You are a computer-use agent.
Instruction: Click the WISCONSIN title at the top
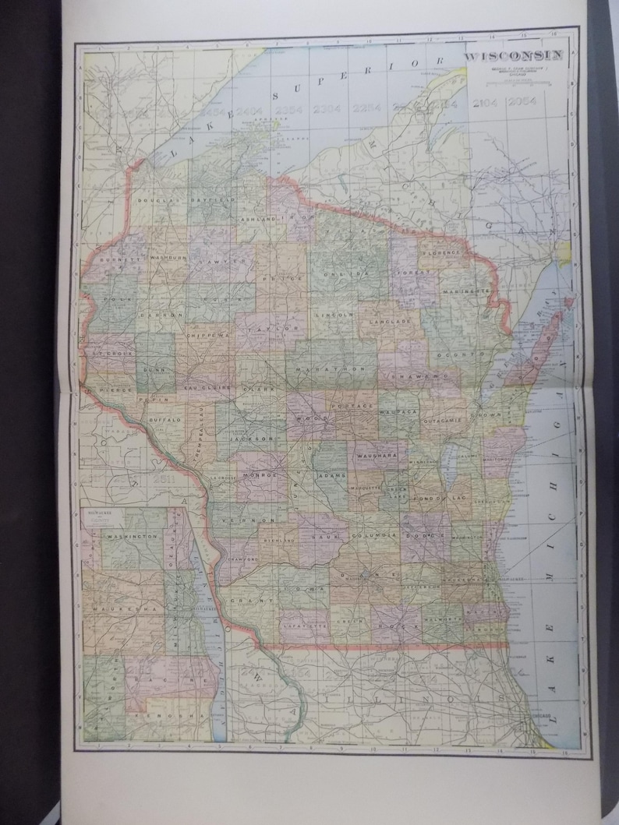(515, 56)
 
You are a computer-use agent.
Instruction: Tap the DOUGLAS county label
(157, 200)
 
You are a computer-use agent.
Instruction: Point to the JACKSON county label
(252, 439)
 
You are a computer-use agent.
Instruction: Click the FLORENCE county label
(444, 252)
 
